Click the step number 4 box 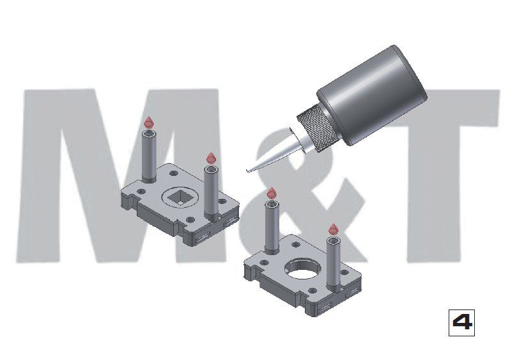461,322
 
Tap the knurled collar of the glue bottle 316,129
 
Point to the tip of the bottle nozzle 247,171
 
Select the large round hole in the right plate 302,269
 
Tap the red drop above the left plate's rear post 149,122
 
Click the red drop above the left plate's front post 211,158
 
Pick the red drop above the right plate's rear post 271,193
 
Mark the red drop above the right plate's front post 333,230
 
